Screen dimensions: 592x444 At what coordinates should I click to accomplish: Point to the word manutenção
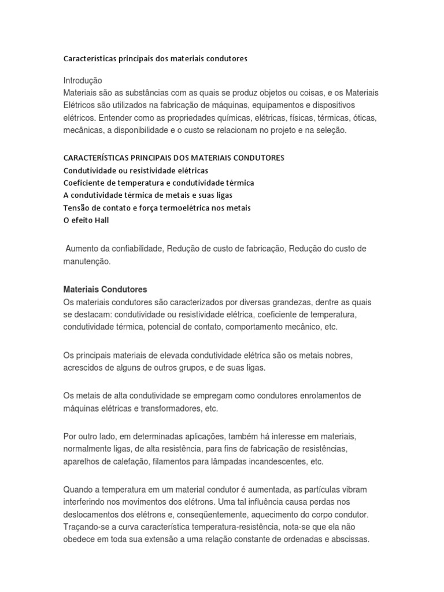click(x=86, y=261)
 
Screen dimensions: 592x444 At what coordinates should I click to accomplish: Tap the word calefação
click(x=118, y=461)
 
